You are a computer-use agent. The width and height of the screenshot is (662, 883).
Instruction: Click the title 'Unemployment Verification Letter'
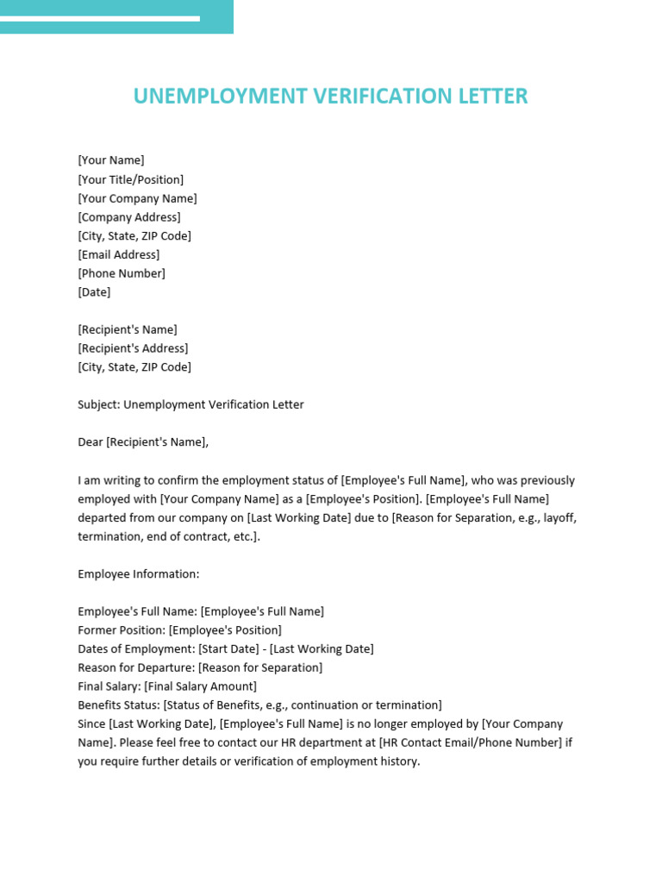click(330, 96)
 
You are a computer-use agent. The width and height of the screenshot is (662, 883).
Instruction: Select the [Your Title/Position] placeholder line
click(130, 179)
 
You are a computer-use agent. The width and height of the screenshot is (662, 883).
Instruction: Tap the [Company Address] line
click(128, 217)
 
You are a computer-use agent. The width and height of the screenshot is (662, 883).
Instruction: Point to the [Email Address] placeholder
click(118, 254)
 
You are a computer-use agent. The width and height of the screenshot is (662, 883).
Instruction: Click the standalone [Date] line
click(94, 292)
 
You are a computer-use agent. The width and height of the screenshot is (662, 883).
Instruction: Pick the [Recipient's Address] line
click(133, 348)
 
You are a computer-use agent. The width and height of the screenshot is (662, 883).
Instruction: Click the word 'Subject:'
click(98, 404)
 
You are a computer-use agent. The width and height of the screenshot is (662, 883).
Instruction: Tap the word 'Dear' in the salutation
click(90, 442)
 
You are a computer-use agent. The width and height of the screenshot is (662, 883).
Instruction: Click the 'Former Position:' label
click(121, 630)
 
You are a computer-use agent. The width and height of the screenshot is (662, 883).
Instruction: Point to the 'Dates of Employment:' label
click(136, 649)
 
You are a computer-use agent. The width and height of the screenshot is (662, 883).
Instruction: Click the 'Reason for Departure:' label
click(136, 668)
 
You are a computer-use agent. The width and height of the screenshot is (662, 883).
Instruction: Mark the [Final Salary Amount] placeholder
click(200, 687)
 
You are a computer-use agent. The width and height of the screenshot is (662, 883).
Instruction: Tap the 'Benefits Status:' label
click(118, 705)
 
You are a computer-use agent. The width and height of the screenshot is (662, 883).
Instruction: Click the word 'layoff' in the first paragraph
click(559, 518)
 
